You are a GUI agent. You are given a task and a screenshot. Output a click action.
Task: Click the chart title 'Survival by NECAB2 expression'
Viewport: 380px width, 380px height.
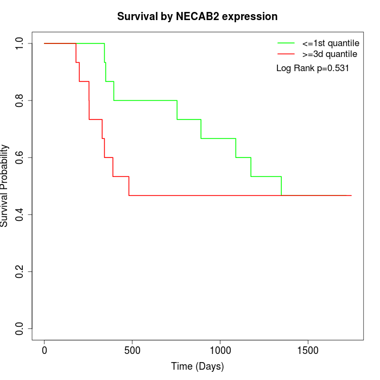tap(198, 17)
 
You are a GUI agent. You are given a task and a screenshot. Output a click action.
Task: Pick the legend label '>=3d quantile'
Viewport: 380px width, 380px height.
tap(330, 54)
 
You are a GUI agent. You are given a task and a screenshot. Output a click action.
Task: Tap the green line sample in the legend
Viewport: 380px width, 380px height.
tap(286, 42)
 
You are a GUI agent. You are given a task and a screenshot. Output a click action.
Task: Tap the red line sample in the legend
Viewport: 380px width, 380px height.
tap(286, 54)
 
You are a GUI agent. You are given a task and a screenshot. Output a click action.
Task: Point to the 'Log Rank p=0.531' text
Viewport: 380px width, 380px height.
tap(313, 68)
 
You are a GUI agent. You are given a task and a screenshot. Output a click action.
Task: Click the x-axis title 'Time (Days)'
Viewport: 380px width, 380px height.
tap(198, 366)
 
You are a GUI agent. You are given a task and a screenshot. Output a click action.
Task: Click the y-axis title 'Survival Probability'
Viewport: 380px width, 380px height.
tap(5, 186)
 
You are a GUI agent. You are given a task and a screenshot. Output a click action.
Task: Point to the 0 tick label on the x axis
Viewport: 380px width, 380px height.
tap(45, 349)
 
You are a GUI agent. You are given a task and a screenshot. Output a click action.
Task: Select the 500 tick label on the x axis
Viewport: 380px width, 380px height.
tap(132, 349)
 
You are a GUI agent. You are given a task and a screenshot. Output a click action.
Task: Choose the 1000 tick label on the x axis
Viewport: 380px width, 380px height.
tap(220, 349)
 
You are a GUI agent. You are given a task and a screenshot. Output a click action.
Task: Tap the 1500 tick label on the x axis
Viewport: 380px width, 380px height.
tap(308, 349)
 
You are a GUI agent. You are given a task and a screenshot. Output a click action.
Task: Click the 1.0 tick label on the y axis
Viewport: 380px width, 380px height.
tap(20, 43)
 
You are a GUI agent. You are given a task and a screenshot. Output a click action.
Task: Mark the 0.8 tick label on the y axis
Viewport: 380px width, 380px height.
tap(20, 100)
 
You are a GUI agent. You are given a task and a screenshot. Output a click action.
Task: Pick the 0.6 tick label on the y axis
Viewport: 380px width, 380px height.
tap(20, 157)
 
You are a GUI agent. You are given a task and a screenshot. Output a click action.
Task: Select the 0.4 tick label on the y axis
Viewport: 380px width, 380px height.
tap(20, 214)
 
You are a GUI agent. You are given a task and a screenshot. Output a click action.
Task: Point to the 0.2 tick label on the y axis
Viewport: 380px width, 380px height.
tap(20, 271)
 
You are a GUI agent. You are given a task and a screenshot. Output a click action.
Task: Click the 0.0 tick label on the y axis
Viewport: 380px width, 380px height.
tap(20, 328)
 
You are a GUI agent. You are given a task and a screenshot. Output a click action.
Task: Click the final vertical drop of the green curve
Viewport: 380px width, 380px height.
tap(281, 186)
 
